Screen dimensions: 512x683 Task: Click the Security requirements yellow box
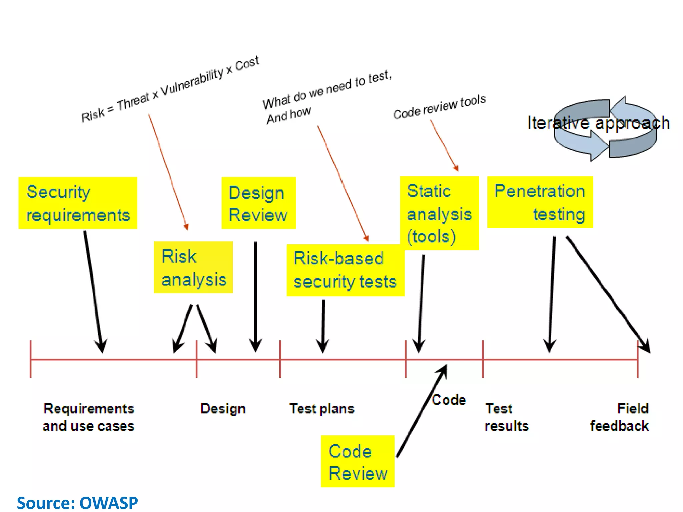pyautogui.click(x=78, y=203)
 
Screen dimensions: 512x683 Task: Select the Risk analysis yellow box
pyautogui.click(x=193, y=267)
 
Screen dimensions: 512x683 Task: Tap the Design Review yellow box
pyautogui.click(x=258, y=203)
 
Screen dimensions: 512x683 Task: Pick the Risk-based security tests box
pyautogui.click(x=345, y=270)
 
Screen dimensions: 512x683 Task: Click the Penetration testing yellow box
pyautogui.click(x=540, y=202)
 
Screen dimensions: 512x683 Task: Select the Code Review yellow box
pyautogui.click(x=358, y=461)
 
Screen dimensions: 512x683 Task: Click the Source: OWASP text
pyautogui.click(x=77, y=503)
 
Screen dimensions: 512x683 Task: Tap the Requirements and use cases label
pyautogui.click(x=89, y=417)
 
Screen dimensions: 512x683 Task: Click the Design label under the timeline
pyautogui.click(x=223, y=409)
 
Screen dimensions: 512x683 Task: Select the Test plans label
pyautogui.click(x=322, y=409)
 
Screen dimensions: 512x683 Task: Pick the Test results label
pyautogui.click(x=506, y=417)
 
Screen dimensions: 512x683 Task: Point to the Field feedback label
pyautogui.click(x=620, y=417)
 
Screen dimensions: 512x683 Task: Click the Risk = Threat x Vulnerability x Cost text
pyautogui.click(x=170, y=89)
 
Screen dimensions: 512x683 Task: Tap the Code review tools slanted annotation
pyautogui.click(x=439, y=107)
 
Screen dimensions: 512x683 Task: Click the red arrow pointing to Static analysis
pyautogui.click(x=444, y=145)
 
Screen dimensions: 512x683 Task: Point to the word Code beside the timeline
pyautogui.click(x=449, y=400)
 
